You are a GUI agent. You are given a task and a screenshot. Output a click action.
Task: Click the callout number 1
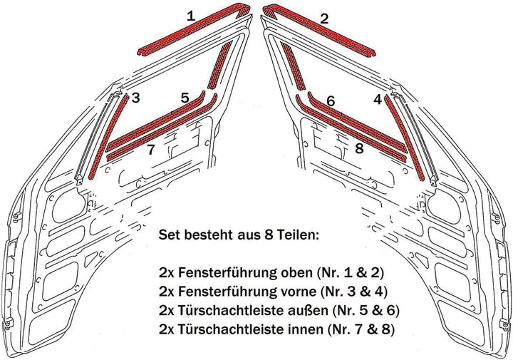coord(190,14)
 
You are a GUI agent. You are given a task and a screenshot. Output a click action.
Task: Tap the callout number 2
coord(324,19)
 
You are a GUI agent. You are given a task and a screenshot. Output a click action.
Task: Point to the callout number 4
coord(377,99)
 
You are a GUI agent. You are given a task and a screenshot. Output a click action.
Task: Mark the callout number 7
coord(150,150)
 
